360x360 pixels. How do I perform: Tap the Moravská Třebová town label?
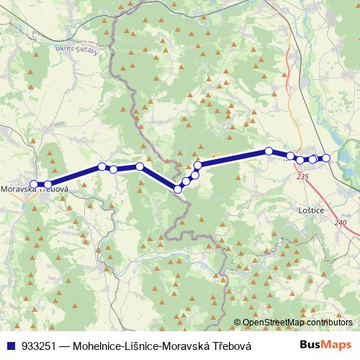click(35, 189)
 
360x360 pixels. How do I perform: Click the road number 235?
click(302, 176)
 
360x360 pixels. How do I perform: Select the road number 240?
click(340, 222)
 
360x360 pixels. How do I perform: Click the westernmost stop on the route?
click(34, 184)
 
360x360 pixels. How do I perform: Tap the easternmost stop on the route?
click(325, 158)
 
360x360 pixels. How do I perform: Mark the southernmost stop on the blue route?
click(178, 189)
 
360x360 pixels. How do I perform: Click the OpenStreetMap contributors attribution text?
click(297, 323)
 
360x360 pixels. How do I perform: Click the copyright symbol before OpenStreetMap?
click(238, 323)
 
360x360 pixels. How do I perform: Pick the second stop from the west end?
click(48, 184)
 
